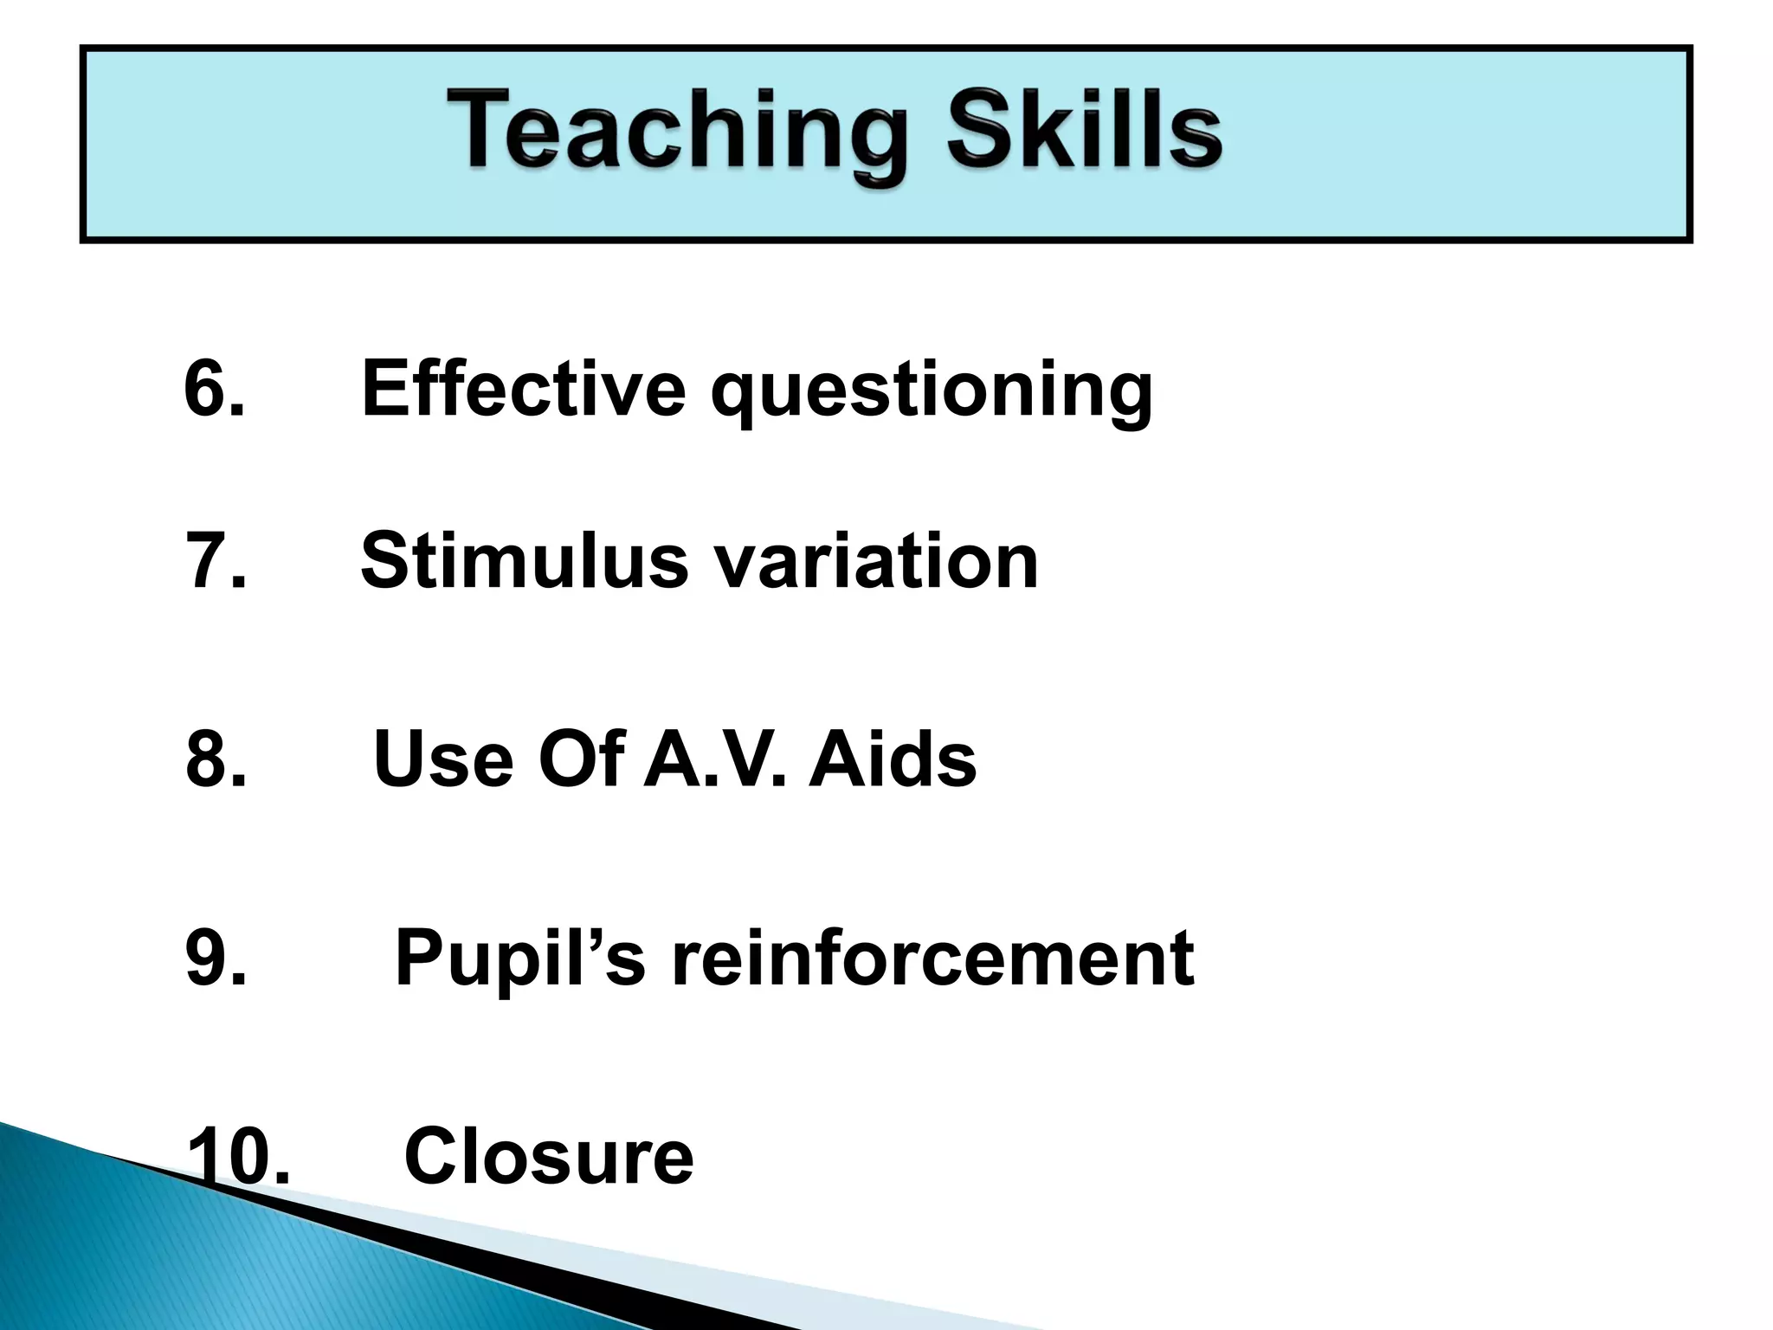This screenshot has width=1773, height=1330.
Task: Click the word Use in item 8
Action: click(x=442, y=759)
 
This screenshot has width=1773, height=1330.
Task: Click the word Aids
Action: click(x=892, y=759)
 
